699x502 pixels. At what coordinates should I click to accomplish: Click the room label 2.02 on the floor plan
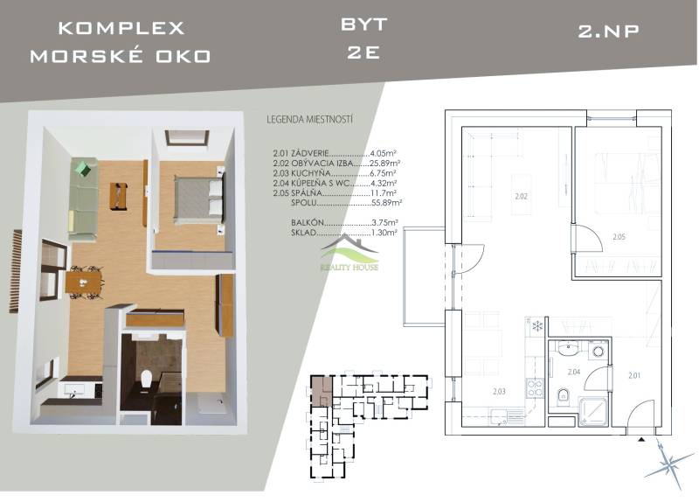click(x=521, y=196)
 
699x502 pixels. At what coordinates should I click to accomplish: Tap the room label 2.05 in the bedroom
click(x=619, y=237)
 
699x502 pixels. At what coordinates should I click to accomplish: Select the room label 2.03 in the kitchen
click(x=499, y=391)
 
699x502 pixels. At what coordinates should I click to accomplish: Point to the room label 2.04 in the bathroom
click(x=574, y=372)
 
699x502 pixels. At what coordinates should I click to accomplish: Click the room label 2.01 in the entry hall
click(x=634, y=375)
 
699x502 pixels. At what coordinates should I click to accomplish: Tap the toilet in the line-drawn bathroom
click(x=564, y=396)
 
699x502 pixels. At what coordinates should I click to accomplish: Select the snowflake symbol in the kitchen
click(x=538, y=325)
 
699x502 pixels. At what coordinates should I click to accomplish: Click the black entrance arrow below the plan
click(x=641, y=440)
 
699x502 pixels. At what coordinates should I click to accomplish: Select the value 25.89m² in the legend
click(x=384, y=163)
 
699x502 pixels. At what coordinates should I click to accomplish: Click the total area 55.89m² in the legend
click(x=386, y=203)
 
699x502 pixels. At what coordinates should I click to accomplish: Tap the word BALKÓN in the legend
click(x=308, y=222)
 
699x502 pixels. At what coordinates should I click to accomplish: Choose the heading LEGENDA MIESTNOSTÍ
click(x=310, y=120)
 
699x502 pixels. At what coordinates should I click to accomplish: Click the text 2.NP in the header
click(x=608, y=31)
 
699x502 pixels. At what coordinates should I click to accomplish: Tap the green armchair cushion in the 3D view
click(x=83, y=169)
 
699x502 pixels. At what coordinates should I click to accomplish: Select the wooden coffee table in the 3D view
click(x=119, y=196)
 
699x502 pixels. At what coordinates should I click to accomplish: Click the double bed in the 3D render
click(x=199, y=199)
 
